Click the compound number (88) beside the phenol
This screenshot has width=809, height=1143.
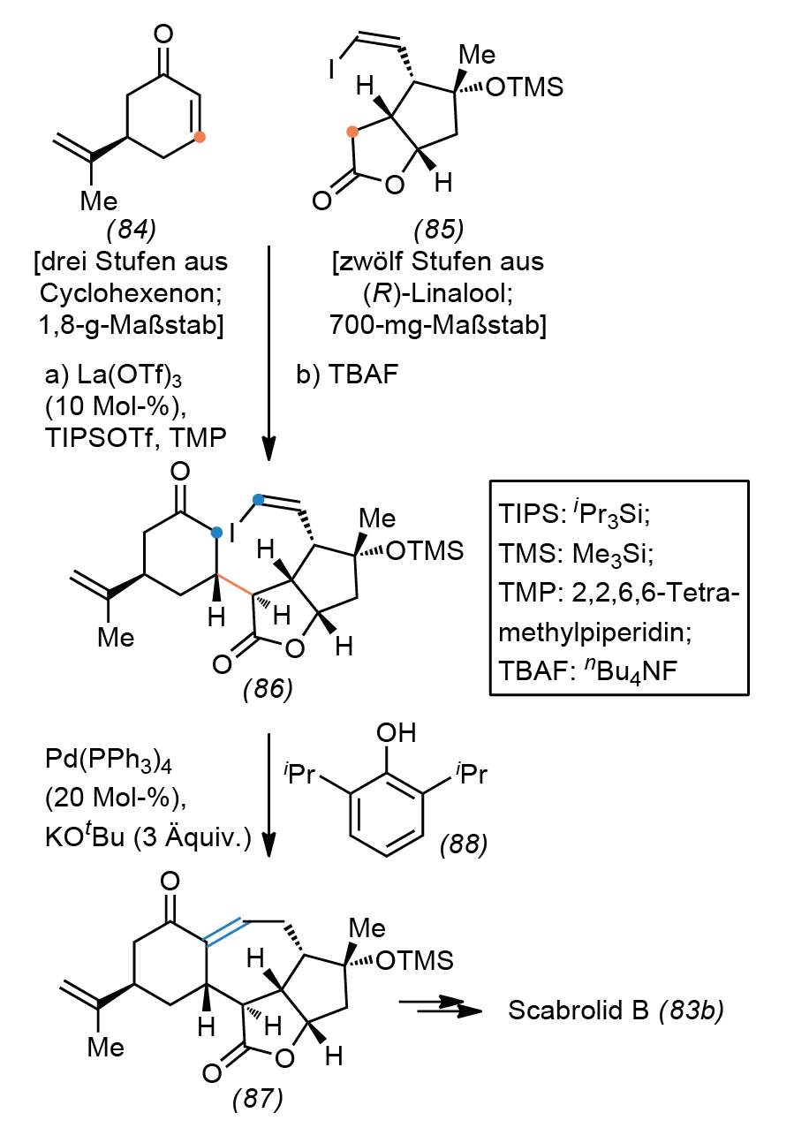[x=464, y=844]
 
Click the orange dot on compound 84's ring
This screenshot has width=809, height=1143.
[x=200, y=137]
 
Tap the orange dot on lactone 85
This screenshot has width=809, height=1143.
[x=352, y=132]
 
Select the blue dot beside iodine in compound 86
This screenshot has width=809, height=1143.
[x=259, y=500]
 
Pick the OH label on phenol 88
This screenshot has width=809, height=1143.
[x=397, y=733]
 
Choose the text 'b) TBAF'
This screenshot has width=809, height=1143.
[x=347, y=374]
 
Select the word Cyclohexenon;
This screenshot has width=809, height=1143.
[x=131, y=293]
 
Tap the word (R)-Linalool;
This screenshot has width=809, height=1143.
[x=438, y=293]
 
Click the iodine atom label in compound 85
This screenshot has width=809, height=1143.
[x=332, y=68]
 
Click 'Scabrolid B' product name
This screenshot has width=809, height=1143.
[x=578, y=1010]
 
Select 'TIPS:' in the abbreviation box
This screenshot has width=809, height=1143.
[x=533, y=513]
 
